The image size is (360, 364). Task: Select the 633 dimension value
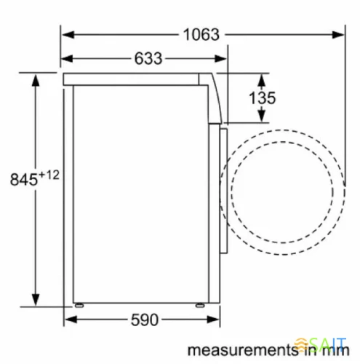point(148,58)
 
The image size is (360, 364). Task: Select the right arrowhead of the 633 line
point(223,58)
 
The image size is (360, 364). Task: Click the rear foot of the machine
point(79,304)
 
